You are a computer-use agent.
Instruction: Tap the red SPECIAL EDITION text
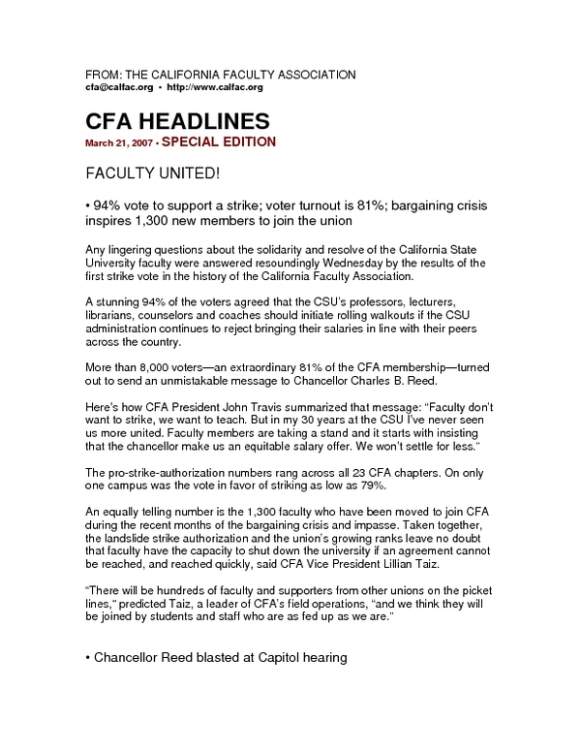coord(219,141)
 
